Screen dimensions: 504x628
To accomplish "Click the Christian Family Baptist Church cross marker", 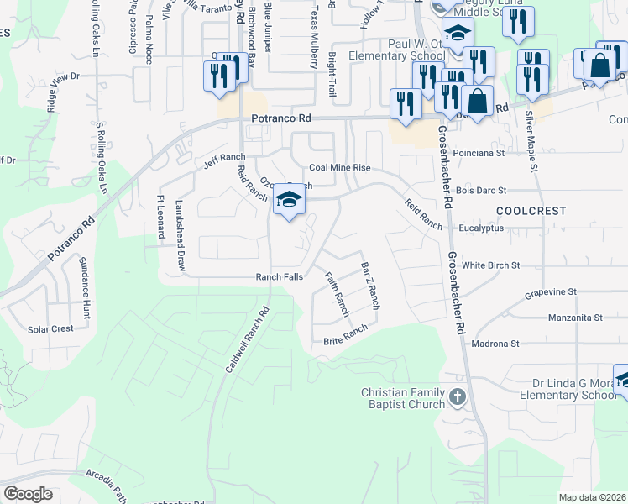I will pyautogui.click(x=457, y=397).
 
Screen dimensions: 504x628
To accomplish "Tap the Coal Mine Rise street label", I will pyautogui.click(x=340, y=168).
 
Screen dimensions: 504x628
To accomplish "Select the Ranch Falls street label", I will pyautogui.click(x=279, y=276).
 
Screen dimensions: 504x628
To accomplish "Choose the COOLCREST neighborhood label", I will pyautogui.click(x=531, y=211).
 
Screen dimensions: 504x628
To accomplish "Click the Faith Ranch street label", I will pyautogui.click(x=336, y=294).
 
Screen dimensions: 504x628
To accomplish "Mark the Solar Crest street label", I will pyautogui.click(x=51, y=329).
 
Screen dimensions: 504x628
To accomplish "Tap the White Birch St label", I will pyautogui.click(x=491, y=265).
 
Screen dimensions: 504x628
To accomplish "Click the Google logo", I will pyautogui.click(x=28, y=494).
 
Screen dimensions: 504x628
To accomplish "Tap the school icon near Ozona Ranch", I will pyautogui.click(x=289, y=200).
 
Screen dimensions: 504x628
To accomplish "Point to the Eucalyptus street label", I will pyautogui.click(x=481, y=228).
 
